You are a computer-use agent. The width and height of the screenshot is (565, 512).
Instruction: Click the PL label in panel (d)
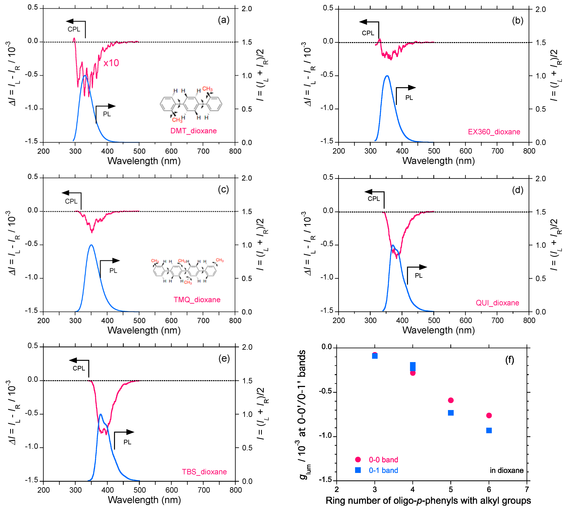point(418,276)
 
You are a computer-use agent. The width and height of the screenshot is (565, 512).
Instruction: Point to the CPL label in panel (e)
point(79,368)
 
